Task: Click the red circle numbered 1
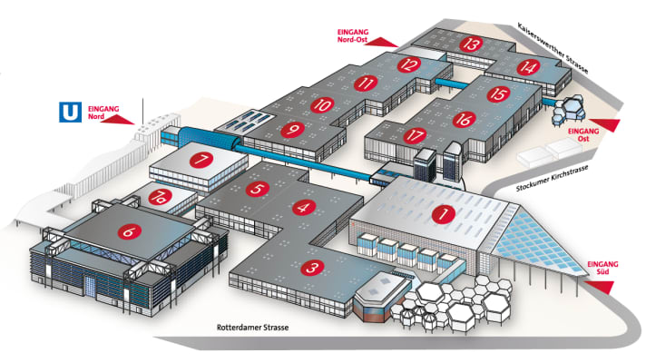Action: click(x=443, y=215)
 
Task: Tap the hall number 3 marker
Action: click(x=311, y=268)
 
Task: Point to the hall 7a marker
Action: click(x=160, y=196)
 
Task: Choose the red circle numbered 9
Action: click(x=291, y=130)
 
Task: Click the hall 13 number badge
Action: click(x=470, y=44)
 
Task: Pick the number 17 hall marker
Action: click(x=416, y=135)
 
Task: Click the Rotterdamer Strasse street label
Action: click(x=250, y=327)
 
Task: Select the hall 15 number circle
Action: click(x=496, y=93)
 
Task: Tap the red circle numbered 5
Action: click(x=258, y=189)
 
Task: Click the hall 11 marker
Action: click(x=367, y=83)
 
